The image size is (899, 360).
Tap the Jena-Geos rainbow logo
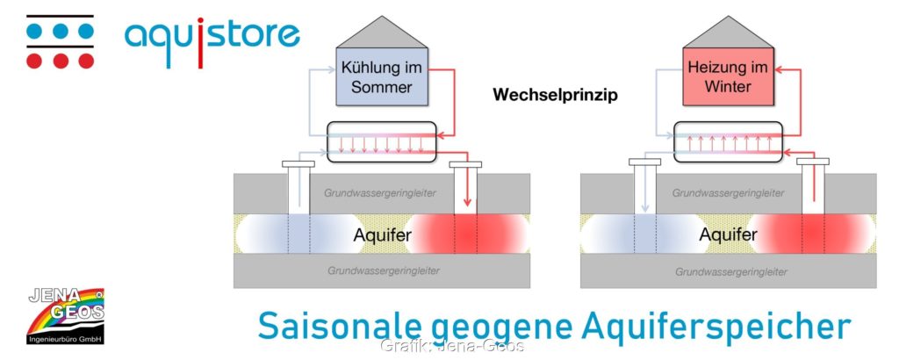point(66,316)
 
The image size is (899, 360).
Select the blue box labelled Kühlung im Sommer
point(382,76)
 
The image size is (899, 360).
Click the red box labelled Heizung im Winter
point(728,76)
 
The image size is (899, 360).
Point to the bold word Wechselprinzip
point(556,95)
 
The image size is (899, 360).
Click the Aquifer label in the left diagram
point(383,234)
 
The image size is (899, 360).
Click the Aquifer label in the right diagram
point(728,234)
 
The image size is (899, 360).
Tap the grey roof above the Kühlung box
point(382,32)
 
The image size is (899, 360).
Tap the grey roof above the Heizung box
point(728,32)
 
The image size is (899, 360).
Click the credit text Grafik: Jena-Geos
point(452,346)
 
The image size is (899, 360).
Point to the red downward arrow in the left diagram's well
point(467,184)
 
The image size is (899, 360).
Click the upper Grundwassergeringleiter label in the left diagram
point(380,193)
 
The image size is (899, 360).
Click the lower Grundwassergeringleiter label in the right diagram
point(731,271)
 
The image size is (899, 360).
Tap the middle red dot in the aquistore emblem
point(61,61)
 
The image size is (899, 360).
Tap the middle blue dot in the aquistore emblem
point(61,31)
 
